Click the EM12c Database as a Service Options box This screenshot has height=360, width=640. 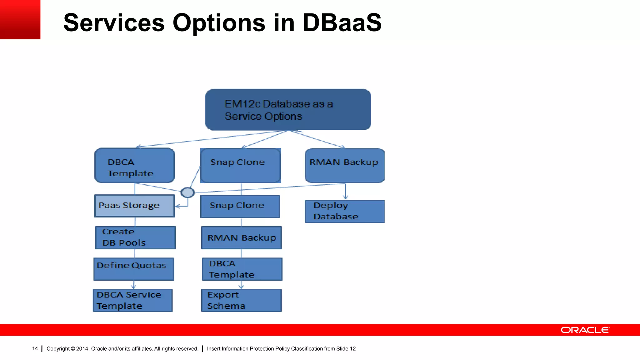click(x=288, y=109)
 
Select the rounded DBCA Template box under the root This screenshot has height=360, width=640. click(x=135, y=166)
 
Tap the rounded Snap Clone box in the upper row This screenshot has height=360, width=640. click(x=240, y=166)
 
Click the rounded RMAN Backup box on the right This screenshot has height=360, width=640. click(x=345, y=166)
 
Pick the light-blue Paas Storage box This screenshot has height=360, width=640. click(x=135, y=206)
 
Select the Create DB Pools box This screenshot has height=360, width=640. click(x=135, y=238)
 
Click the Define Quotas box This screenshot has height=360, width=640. click(x=134, y=269)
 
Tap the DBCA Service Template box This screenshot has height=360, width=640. click(x=133, y=300)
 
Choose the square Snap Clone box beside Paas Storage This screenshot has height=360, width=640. click(x=240, y=207)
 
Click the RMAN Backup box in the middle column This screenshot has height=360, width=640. click(x=241, y=238)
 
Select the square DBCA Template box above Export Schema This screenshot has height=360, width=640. click(x=242, y=269)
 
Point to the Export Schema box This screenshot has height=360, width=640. click(x=241, y=300)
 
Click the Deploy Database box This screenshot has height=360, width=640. click(x=345, y=212)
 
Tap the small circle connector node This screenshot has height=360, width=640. click(x=187, y=192)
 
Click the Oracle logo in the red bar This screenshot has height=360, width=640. click(x=585, y=330)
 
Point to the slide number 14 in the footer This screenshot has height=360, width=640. click(x=35, y=348)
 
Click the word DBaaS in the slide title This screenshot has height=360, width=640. click(x=342, y=23)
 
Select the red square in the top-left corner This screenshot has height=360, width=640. click(x=20, y=19)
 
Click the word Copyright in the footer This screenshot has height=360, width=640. click(x=58, y=349)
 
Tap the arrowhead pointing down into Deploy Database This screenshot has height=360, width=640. click(x=345, y=197)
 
